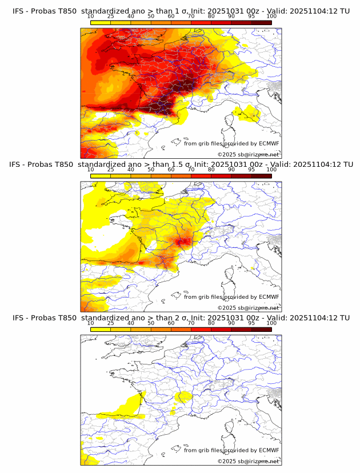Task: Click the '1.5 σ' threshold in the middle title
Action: (185, 165)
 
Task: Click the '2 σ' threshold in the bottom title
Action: (182, 318)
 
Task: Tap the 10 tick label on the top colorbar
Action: (91, 17)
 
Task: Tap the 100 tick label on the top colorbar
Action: (271, 17)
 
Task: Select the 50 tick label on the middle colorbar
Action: (151, 170)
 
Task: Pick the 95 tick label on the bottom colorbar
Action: (251, 323)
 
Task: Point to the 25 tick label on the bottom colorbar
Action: (110, 323)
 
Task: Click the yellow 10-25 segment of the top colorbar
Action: (101, 23)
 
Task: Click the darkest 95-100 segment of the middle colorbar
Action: (261, 176)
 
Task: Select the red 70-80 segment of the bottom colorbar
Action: (201, 329)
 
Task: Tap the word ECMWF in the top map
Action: (269, 143)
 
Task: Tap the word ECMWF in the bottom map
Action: (269, 450)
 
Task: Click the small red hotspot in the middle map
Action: (185, 242)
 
